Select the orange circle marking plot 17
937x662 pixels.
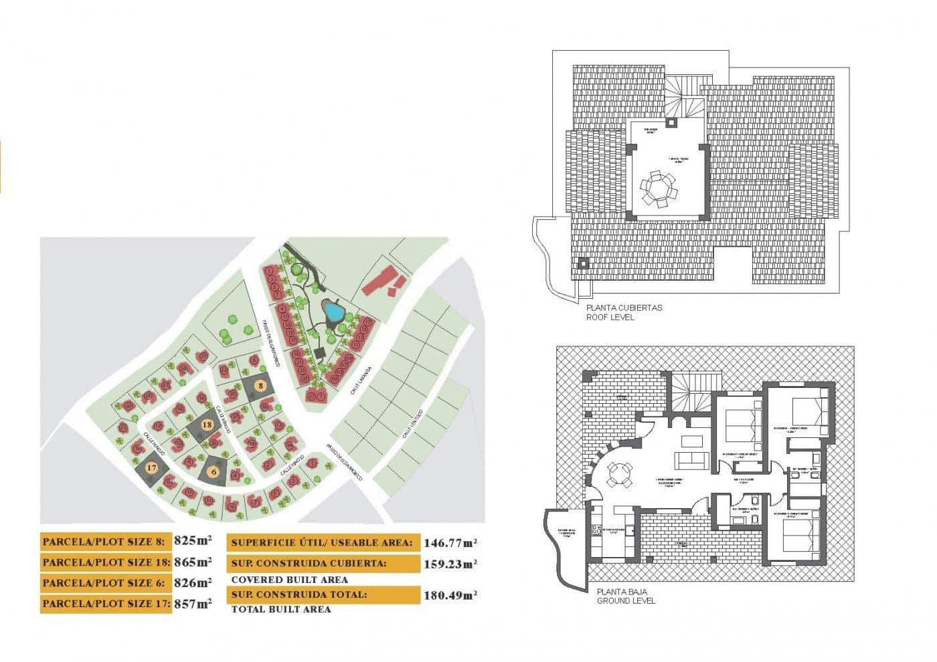(152, 467)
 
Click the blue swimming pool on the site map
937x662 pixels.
(331, 311)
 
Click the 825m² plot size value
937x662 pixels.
(193, 540)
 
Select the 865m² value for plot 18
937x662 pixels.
(193, 562)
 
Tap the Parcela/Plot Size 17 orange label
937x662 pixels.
(106, 604)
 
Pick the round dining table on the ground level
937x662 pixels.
(616, 476)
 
